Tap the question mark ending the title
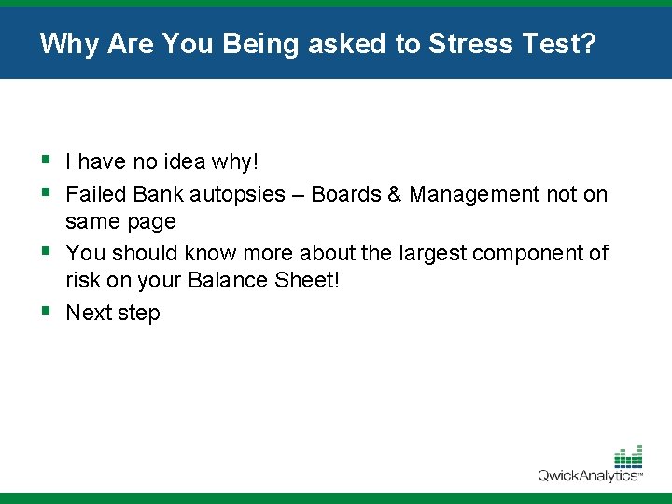click(586, 44)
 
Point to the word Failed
click(96, 194)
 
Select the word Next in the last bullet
click(89, 313)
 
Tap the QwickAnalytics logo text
click(589, 476)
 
